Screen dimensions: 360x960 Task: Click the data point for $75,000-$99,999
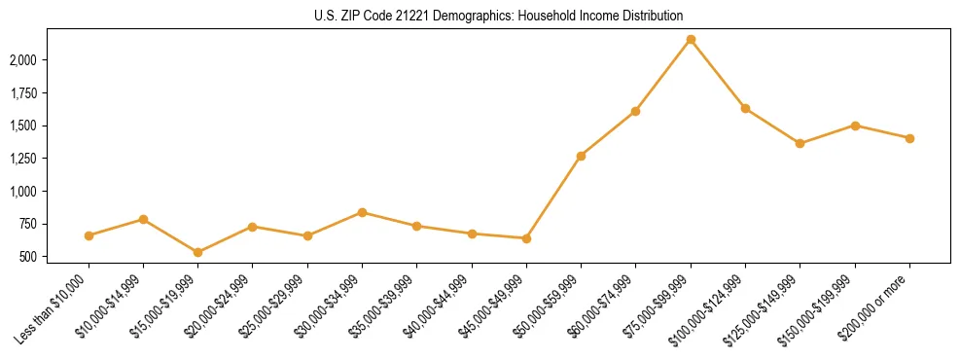(691, 39)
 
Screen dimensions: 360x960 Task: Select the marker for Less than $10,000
(89, 235)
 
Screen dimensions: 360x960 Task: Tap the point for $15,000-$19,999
(197, 252)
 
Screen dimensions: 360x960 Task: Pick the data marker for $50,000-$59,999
(581, 156)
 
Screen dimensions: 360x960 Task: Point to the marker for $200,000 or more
(909, 138)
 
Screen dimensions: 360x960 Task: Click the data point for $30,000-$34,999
(362, 212)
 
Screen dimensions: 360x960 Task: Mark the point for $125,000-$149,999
(800, 143)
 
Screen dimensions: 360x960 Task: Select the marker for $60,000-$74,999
(635, 111)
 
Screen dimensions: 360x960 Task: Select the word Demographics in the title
(459, 16)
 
